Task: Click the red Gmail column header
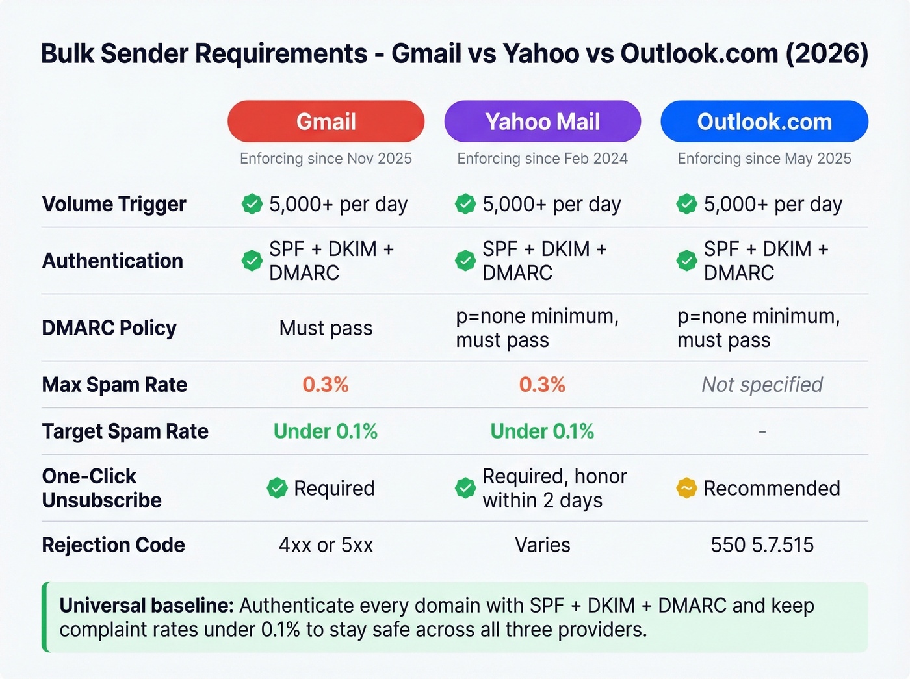(326, 122)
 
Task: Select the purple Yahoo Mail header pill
(542, 122)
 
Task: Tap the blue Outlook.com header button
(764, 122)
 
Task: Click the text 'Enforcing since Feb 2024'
(542, 159)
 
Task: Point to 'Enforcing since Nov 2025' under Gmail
(326, 159)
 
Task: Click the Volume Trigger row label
(114, 204)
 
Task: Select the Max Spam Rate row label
(114, 385)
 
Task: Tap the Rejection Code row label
(113, 545)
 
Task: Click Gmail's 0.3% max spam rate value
(326, 385)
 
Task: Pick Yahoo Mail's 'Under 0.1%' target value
(542, 431)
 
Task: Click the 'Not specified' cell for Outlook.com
(762, 385)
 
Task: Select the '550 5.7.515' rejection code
(762, 545)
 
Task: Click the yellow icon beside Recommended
(686, 488)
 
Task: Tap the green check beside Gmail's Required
(277, 488)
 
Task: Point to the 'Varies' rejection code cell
(542, 545)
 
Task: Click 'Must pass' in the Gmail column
(326, 328)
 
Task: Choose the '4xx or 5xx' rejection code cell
(326, 545)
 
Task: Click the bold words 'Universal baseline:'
(146, 606)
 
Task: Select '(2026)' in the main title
(827, 53)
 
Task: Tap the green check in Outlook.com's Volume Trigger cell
(686, 204)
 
